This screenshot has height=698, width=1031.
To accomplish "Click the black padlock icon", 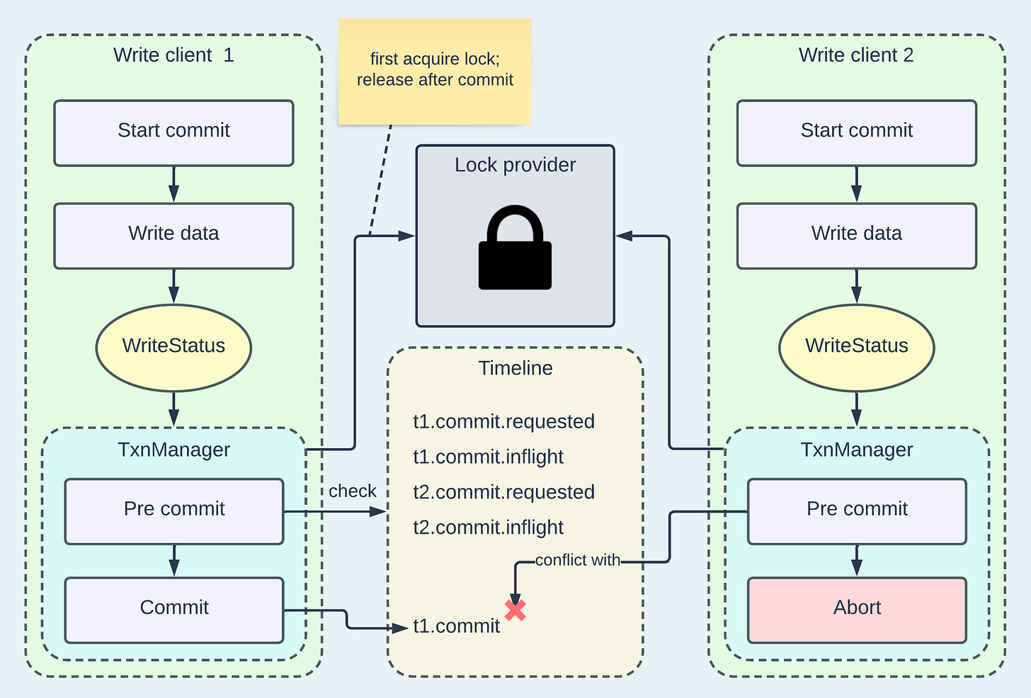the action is (515, 247).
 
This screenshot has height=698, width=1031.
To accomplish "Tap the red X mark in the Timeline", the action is (515, 610).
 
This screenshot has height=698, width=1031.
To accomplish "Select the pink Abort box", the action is (857, 610).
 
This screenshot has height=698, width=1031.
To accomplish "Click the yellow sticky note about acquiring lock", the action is (435, 71).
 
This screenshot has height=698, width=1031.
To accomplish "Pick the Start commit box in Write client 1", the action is (173, 133).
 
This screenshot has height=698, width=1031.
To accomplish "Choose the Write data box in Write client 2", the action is (857, 236).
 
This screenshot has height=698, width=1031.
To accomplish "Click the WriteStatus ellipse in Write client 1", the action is (173, 348).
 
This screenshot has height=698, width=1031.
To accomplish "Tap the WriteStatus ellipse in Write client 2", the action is (857, 348).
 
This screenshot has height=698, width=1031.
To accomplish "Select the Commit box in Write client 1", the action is (174, 610).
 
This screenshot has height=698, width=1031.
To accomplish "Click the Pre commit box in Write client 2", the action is (857, 512).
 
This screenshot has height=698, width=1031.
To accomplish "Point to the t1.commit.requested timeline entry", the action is (503, 421).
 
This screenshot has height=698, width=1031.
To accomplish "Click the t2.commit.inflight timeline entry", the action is (488, 527).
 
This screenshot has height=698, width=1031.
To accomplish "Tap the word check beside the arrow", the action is (352, 491).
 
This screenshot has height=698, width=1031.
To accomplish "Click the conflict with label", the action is (578, 560).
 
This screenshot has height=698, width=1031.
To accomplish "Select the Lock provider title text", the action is (515, 165).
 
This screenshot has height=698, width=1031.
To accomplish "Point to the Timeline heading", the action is (515, 368).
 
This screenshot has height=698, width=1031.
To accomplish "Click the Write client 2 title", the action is (856, 55).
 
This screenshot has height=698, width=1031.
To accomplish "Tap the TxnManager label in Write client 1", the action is (173, 450).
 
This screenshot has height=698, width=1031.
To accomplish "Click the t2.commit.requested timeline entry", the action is (503, 492).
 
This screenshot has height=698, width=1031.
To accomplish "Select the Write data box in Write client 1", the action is (173, 236).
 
